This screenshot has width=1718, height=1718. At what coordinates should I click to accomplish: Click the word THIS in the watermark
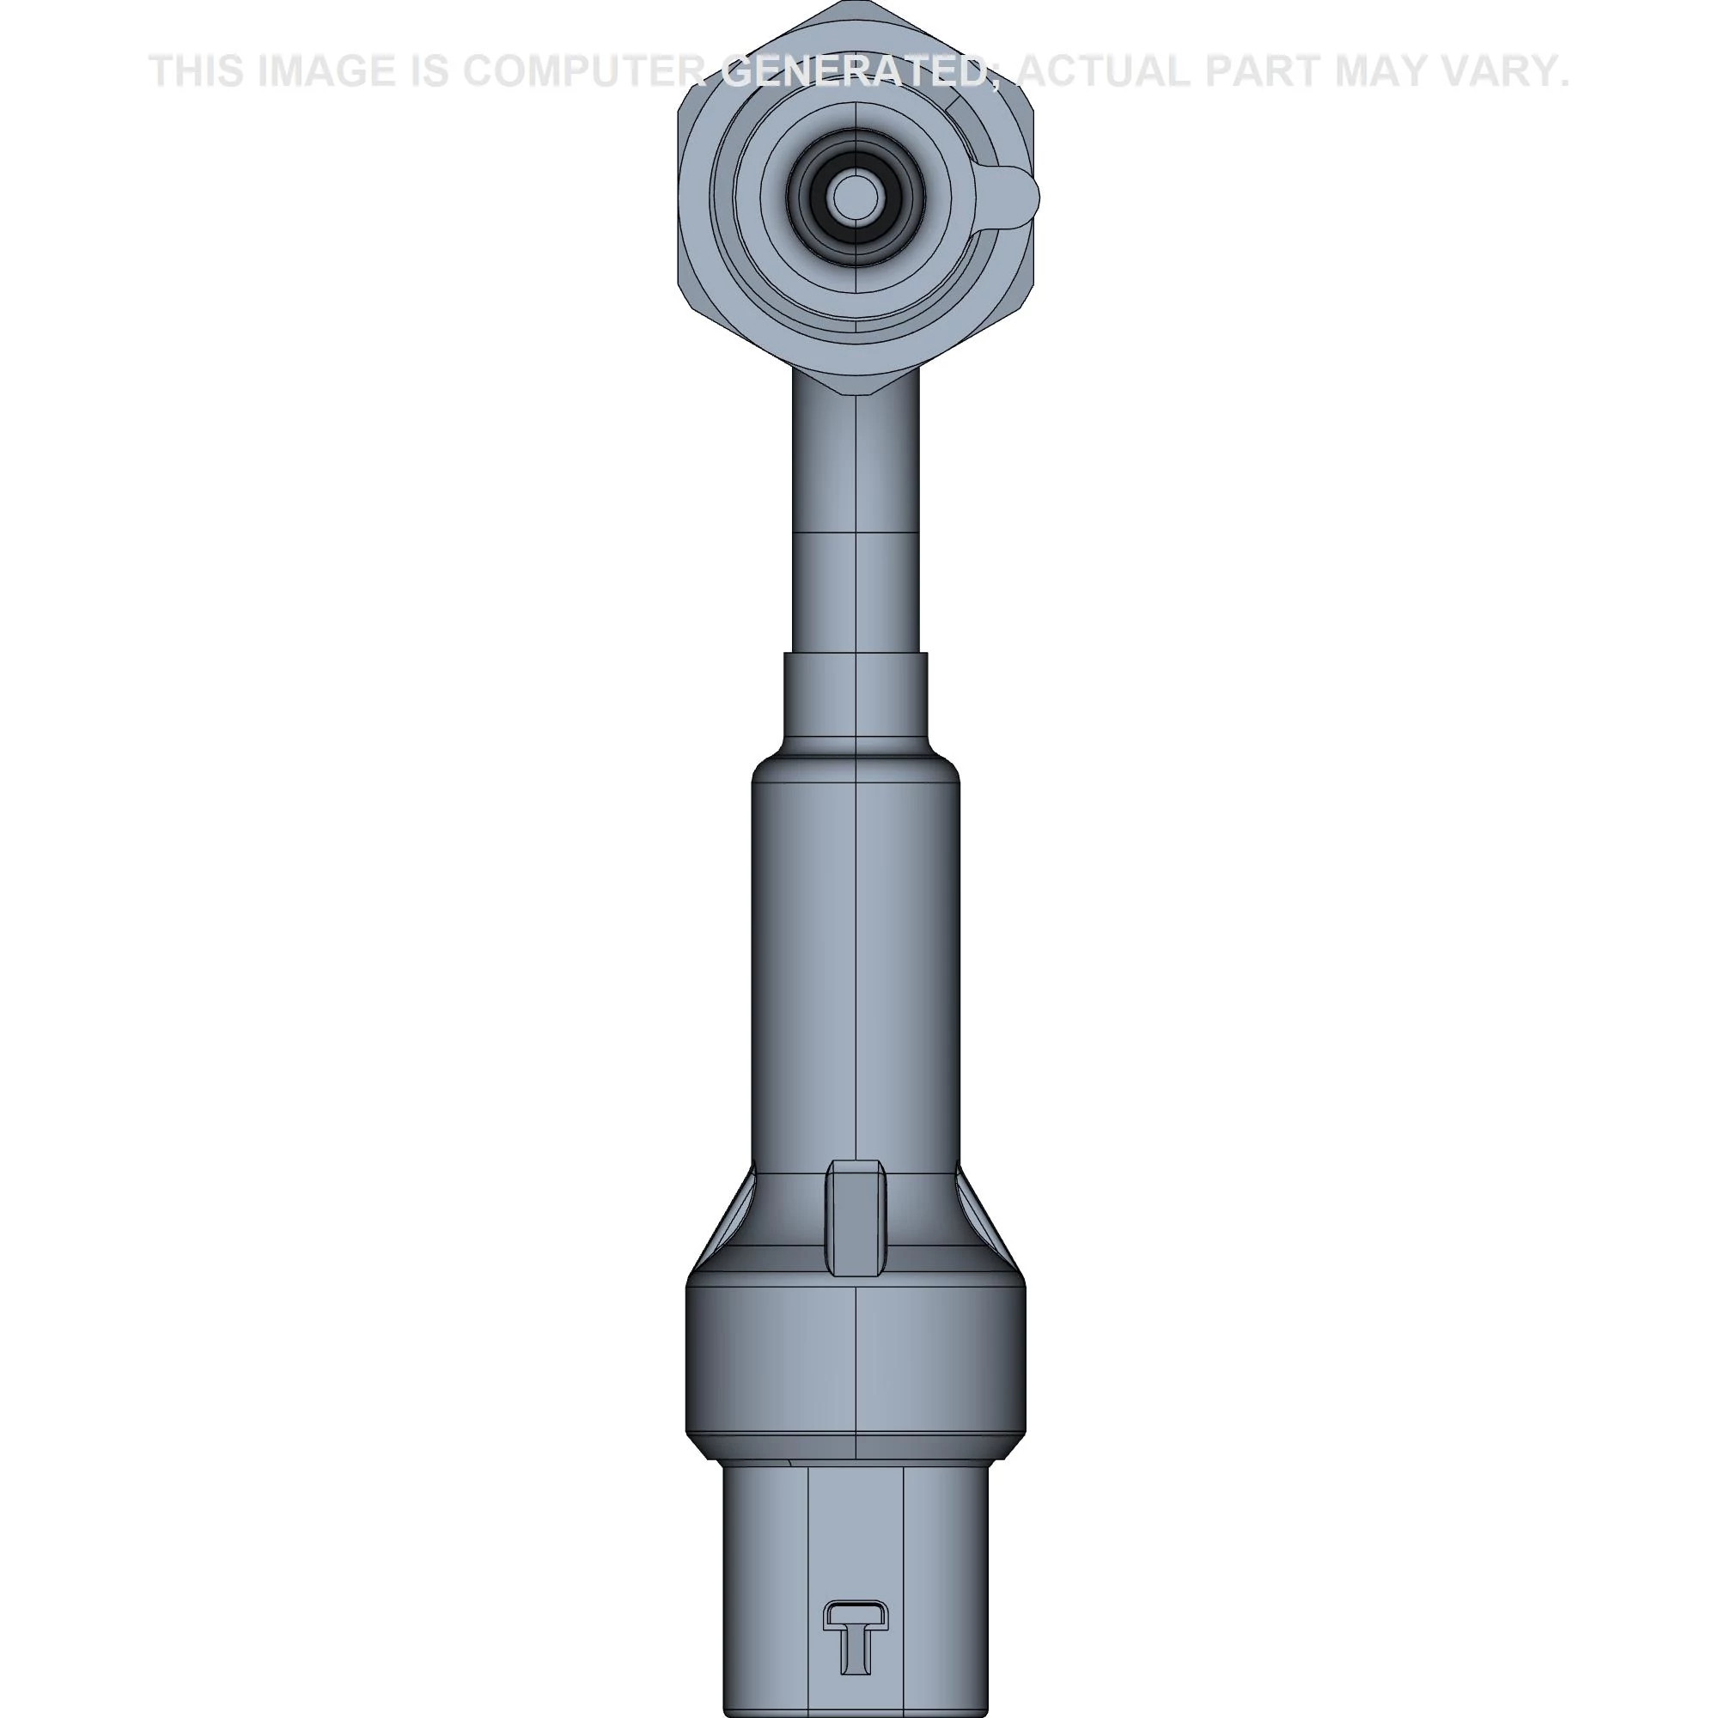click(x=197, y=72)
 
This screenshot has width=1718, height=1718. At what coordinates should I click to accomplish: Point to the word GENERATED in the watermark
click(x=854, y=72)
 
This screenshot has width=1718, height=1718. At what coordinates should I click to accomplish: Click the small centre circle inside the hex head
click(x=855, y=197)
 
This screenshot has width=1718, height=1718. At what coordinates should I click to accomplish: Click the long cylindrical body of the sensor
click(x=856, y=960)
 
